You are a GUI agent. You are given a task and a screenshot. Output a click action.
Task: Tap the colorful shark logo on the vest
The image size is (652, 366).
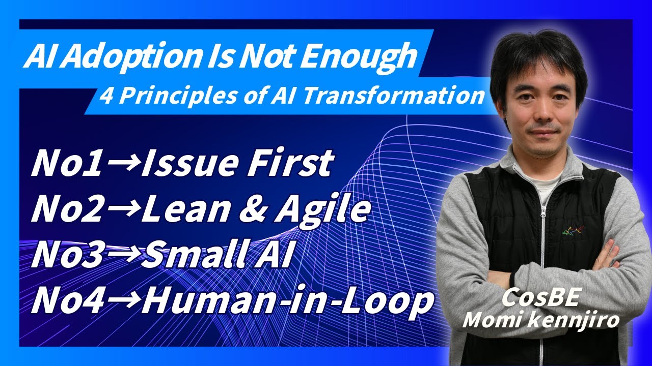coord(572,230)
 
